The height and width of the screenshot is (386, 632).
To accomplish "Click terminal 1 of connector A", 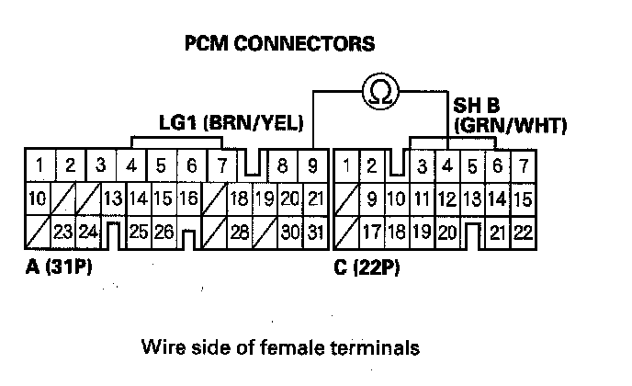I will pos(39,166).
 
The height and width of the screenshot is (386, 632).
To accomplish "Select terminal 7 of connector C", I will pos(523,166).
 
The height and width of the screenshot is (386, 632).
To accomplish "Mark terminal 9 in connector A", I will pos(312,166).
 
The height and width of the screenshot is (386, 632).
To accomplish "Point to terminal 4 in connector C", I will pos(447,166).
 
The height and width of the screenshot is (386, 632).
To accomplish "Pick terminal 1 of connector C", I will pos(346,166).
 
